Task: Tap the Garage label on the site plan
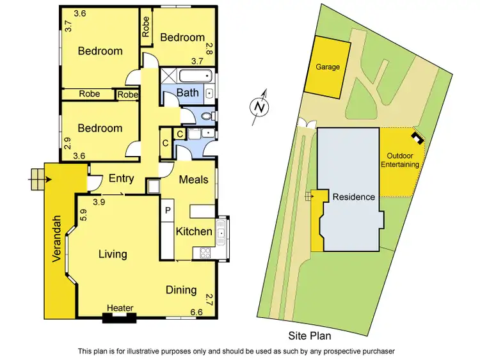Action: click(327, 67)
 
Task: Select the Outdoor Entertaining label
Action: click(403, 160)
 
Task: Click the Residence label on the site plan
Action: click(353, 197)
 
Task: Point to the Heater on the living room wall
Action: click(120, 309)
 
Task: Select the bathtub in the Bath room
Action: click(193, 76)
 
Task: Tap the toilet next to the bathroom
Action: click(204, 116)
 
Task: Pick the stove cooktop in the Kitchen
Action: click(206, 253)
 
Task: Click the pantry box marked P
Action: click(168, 210)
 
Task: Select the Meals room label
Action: click(193, 180)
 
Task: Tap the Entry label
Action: click(121, 179)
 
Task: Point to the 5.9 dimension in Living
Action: click(83, 216)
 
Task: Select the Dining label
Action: click(181, 290)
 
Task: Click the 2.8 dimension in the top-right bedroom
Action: click(209, 47)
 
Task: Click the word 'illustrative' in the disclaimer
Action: click(166, 351)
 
